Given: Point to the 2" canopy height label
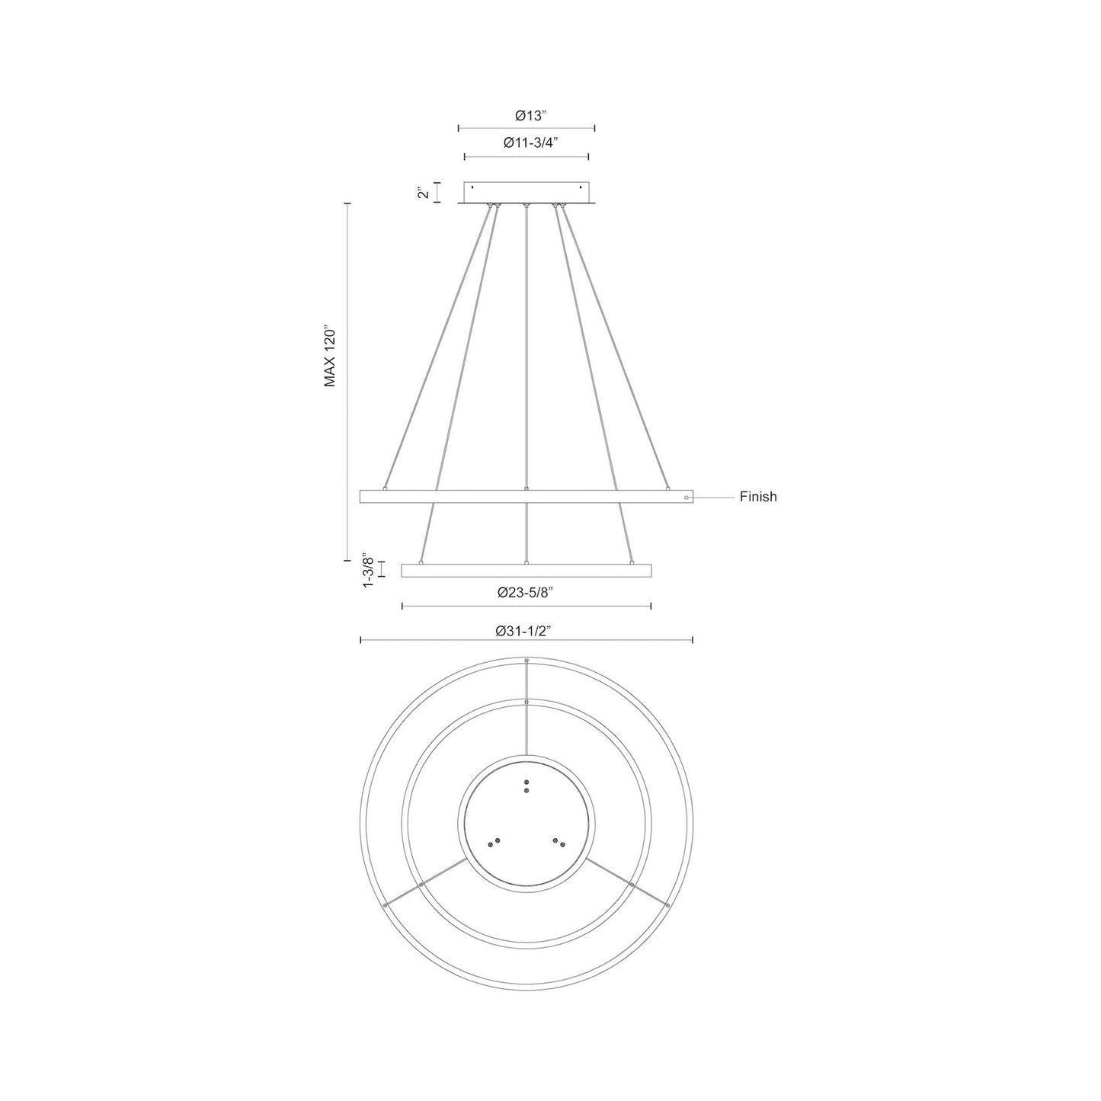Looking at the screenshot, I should coord(424,193).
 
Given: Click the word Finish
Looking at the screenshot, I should coord(757,497).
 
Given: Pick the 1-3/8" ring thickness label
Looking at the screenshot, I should coord(368,570).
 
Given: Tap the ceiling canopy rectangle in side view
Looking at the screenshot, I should coord(526,192).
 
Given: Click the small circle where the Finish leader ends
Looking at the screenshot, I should coord(687,498).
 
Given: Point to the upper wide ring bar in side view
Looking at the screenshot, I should coord(526,497).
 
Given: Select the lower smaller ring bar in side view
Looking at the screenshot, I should coord(526,571).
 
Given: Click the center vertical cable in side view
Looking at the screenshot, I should coord(526,343).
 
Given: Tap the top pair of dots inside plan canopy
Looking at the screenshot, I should coord(526,786).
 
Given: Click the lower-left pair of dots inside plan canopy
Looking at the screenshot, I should coord(494,842).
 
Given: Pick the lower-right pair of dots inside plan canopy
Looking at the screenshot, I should coord(559,842).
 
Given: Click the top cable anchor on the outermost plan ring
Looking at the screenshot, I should coord(526,660).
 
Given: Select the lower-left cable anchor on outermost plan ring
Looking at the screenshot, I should coord(386,904).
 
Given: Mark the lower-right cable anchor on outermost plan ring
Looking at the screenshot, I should coord(667,904).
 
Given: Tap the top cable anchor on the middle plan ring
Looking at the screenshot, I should coord(526,701).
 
